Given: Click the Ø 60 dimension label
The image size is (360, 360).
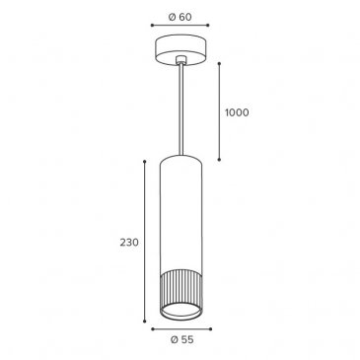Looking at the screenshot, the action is click(x=180, y=17).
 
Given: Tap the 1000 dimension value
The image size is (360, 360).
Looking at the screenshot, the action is click(x=237, y=112).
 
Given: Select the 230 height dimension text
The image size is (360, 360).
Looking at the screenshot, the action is click(x=129, y=243).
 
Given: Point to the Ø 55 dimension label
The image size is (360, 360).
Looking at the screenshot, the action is click(x=182, y=339).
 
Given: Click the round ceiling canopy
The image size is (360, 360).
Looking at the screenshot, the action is click(x=180, y=49).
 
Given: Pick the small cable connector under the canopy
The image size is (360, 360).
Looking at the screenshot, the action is click(x=180, y=60).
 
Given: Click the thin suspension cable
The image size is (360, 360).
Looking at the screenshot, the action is click(x=180, y=108).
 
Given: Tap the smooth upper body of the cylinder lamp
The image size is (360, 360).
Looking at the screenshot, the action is click(x=180, y=214).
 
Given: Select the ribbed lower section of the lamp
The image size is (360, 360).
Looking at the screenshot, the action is click(x=180, y=289).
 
